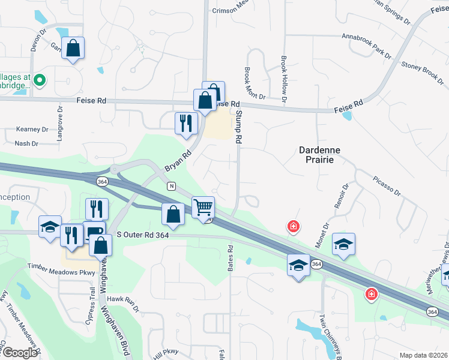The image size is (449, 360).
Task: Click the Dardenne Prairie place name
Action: coord(316,155)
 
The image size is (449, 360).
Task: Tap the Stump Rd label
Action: coord(238,127)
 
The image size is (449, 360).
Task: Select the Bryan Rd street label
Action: coord(178,161)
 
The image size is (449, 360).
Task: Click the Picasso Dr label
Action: coord(385,185)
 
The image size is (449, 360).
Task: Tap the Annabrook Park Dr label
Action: coord(366,46)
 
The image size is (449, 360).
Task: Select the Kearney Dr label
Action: coord(32,129)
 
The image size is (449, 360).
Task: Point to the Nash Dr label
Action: coord(26,143)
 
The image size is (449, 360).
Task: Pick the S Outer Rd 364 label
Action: coord(143,235)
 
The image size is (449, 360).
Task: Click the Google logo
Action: coord(19,353)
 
